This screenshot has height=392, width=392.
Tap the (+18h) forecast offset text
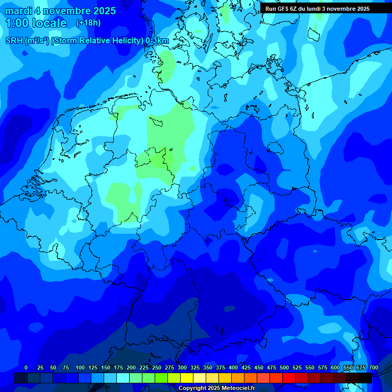tap(88, 23)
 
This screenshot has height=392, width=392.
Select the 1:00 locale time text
tap(36, 23)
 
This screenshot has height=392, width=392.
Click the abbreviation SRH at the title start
tap(14, 40)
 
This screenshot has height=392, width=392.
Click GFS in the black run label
tap(282, 9)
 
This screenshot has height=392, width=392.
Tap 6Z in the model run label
tap(293, 9)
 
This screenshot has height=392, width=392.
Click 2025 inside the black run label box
tap(361, 9)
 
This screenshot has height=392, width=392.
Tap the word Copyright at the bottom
tap(192, 388)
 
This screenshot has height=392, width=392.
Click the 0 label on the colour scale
tap(26, 367)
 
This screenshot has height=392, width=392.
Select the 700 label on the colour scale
tap(374, 367)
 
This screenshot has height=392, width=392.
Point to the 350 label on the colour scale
tap(208, 367)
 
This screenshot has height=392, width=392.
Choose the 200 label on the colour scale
tap(131, 367)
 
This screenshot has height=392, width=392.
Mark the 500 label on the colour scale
tap(284, 367)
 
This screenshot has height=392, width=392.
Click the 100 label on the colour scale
tap(80, 367)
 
